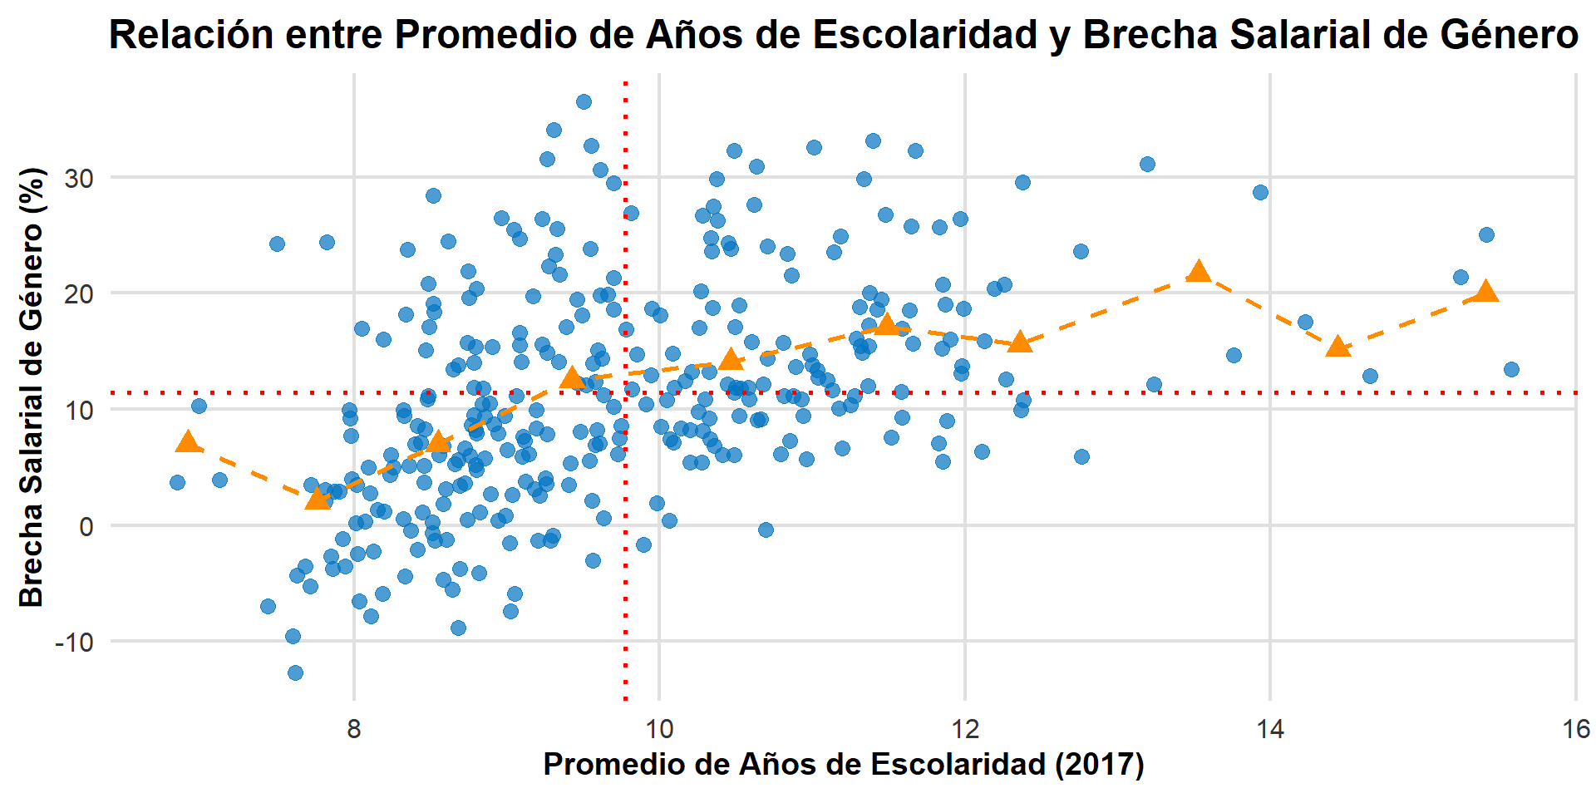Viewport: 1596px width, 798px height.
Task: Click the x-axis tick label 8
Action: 354,730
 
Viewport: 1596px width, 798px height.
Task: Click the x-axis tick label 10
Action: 659,730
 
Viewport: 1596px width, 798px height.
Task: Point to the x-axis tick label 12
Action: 964,730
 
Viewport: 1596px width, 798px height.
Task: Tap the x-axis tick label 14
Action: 1270,730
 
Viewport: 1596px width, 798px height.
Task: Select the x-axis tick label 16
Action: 1575,730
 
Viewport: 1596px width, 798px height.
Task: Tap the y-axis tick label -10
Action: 72,642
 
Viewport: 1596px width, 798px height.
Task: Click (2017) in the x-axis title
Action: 1099,764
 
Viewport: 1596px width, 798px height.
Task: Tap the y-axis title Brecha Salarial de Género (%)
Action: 32,387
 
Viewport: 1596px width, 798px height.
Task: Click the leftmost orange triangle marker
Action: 189,441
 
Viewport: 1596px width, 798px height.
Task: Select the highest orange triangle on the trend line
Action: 1199,271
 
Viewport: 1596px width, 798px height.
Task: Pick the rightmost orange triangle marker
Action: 1486,291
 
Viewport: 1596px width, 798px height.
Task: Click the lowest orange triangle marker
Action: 318,498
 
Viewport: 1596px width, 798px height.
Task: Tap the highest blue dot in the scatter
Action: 584,101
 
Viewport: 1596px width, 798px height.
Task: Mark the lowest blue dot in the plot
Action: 295,672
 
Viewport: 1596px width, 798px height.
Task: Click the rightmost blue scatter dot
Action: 1511,369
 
